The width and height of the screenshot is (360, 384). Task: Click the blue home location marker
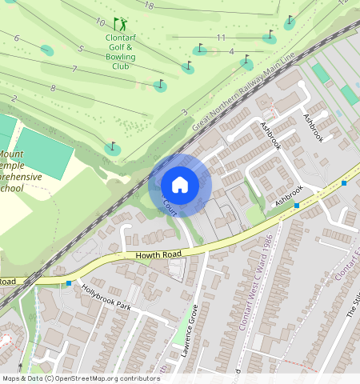(x=180, y=185)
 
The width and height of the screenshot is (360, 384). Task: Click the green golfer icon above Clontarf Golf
(x=120, y=24)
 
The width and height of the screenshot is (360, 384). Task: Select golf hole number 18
(x=149, y=6)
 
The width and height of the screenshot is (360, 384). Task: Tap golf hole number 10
(x=100, y=22)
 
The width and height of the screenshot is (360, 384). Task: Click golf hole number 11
(x=221, y=38)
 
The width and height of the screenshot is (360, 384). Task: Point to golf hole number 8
(x=53, y=88)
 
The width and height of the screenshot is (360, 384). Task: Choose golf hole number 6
(x=16, y=38)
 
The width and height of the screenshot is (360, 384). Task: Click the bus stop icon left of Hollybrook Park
(x=69, y=283)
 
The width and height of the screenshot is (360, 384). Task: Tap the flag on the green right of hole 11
(x=270, y=35)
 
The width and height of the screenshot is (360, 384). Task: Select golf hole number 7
(x=74, y=70)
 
